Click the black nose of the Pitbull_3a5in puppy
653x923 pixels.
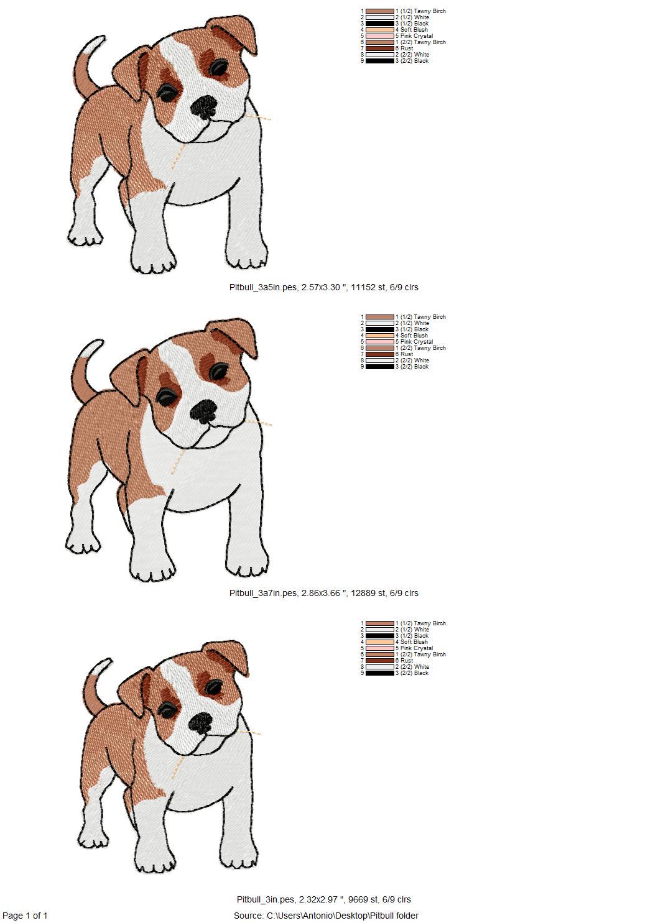[x=203, y=107]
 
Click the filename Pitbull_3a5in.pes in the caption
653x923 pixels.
[x=263, y=287]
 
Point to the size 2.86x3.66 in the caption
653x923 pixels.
[x=320, y=593]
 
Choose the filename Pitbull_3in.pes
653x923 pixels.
[x=266, y=899]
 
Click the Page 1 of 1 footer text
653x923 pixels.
[x=25, y=916]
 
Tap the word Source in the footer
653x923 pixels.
[x=248, y=916]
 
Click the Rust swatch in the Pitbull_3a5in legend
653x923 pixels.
[x=379, y=48]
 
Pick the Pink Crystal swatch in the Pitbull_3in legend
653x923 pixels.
[x=379, y=648]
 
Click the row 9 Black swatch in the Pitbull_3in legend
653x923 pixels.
[x=379, y=673]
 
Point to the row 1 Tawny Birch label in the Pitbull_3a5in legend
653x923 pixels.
[x=423, y=11]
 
